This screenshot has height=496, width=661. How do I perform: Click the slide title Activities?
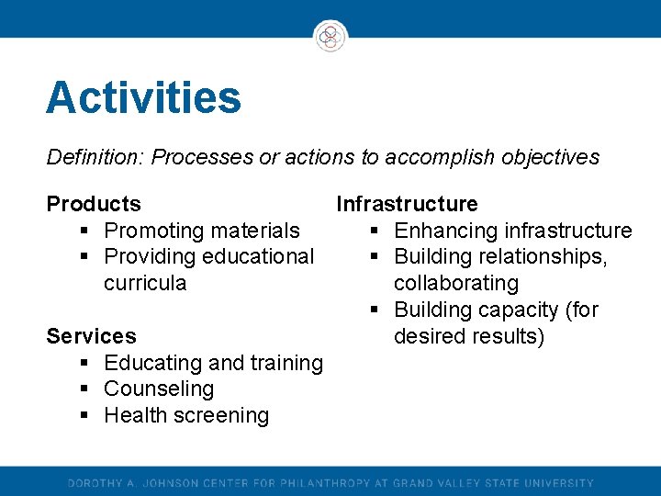(x=143, y=98)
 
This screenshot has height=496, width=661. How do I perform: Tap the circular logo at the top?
(x=330, y=37)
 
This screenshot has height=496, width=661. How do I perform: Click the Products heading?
(x=94, y=204)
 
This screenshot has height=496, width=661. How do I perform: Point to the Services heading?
(x=91, y=336)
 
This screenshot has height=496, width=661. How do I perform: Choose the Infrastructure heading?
(x=407, y=204)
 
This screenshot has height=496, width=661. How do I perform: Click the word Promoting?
(x=151, y=231)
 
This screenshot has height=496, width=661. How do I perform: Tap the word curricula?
(x=145, y=283)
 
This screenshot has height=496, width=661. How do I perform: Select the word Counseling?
(x=159, y=389)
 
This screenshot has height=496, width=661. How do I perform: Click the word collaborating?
(x=456, y=283)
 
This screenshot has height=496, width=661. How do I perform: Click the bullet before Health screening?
(x=84, y=416)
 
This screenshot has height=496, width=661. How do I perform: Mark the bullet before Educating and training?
(x=84, y=364)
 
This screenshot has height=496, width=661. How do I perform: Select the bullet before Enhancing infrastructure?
(x=375, y=231)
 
